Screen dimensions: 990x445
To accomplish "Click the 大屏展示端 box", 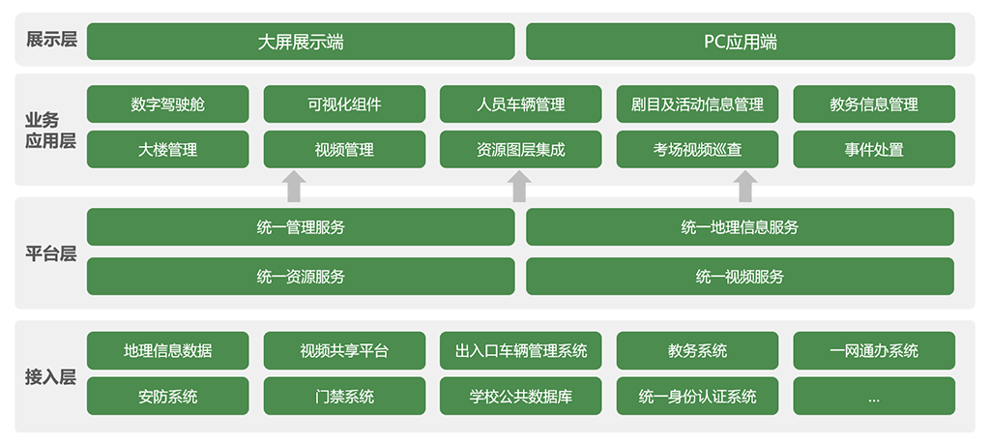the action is [301, 42].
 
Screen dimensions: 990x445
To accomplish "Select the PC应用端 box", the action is [740, 42].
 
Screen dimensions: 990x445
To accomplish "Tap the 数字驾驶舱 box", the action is [168, 104].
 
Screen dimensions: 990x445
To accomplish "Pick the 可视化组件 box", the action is [344, 104].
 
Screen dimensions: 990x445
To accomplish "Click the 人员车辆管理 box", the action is [521, 104].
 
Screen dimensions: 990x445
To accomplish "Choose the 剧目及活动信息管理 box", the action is [698, 104].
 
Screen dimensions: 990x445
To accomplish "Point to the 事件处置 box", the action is [874, 150].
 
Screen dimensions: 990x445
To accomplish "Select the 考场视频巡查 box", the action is [698, 150].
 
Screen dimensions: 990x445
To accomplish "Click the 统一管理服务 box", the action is [301, 227].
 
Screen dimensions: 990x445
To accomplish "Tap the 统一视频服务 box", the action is [740, 277].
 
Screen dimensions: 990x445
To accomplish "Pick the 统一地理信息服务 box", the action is [740, 227].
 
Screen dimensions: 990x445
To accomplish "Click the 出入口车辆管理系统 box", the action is [521, 351].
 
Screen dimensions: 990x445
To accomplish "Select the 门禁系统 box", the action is [344, 397].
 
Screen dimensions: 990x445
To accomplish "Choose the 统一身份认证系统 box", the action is [698, 397].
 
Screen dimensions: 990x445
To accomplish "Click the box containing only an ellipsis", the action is [874, 397].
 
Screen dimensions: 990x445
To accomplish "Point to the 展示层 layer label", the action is [51, 41].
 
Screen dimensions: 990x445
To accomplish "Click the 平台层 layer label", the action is [51, 254].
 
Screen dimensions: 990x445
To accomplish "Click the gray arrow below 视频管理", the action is [293, 187].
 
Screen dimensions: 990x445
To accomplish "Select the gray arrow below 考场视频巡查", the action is [745, 187].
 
